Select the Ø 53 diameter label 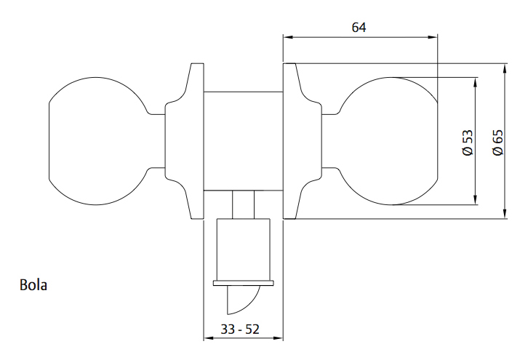pyautogui.click(x=467, y=142)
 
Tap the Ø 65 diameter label pyautogui.click(x=497, y=141)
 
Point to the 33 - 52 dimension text pyautogui.click(x=240, y=329)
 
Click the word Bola pyautogui.click(x=33, y=285)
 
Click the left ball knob pyautogui.click(x=95, y=141)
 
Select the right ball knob pyautogui.click(x=388, y=141)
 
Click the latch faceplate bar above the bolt pyautogui.click(x=241, y=283)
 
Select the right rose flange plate pyautogui.click(x=291, y=141)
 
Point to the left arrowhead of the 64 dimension pyautogui.click(x=287, y=37)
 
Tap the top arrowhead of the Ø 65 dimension pyautogui.click(x=505, y=68)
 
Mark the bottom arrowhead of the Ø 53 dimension pyautogui.click(x=475, y=201)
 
